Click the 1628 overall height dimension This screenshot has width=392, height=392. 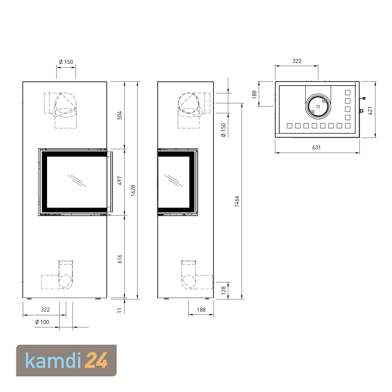[133, 191]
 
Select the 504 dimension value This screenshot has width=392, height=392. [119, 115]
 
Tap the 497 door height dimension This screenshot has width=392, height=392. [120, 181]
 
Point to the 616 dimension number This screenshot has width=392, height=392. [120, 259]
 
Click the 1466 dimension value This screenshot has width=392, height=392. [237, 201]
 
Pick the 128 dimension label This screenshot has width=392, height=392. [223, 290]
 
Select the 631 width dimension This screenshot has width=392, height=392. [316, 147]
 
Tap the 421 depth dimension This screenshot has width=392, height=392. [370, 111]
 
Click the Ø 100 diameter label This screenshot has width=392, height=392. [42, 322]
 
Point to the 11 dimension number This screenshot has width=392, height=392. [120, 310]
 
